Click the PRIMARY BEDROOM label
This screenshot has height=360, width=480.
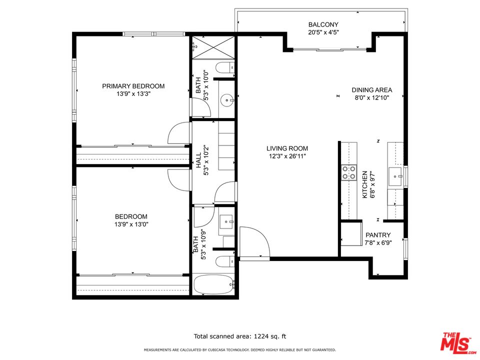click(133, 86)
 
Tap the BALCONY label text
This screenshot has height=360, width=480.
click(323, 24)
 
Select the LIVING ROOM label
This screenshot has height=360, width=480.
click(287, 148)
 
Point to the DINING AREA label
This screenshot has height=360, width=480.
click(371, 90)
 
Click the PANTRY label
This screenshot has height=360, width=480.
click(378, 235)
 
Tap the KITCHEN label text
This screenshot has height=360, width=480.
click(364, 184)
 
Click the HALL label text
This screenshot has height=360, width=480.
click(198, 160)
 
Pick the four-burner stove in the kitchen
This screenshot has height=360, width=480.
click(349, 172)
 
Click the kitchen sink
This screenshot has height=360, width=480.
click(396, 176)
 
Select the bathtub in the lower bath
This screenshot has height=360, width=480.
click(213, 284)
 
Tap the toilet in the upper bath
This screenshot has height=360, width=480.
click(225, 67)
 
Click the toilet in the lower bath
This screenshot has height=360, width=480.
click(225, 261)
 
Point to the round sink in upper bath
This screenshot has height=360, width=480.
click(227, 100)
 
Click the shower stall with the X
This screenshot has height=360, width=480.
click(213, 47)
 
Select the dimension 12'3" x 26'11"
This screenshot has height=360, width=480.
click(287, 156)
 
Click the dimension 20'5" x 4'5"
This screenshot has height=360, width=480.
click(323, 32)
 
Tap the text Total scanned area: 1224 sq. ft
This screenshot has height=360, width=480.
click(240, 336)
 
